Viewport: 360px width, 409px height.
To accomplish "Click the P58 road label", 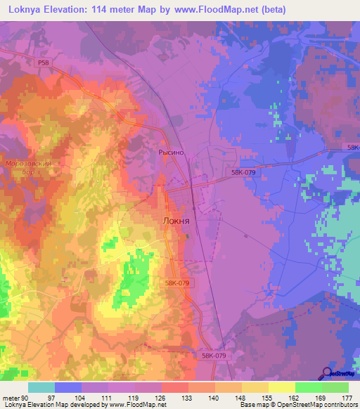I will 44,63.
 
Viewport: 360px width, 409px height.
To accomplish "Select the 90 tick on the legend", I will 27,397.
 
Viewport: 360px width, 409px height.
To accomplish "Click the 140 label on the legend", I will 214,397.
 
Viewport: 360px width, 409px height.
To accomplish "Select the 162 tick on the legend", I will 295,397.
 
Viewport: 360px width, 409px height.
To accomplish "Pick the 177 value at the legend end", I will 348,397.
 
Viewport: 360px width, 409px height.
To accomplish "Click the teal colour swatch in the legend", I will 41,387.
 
